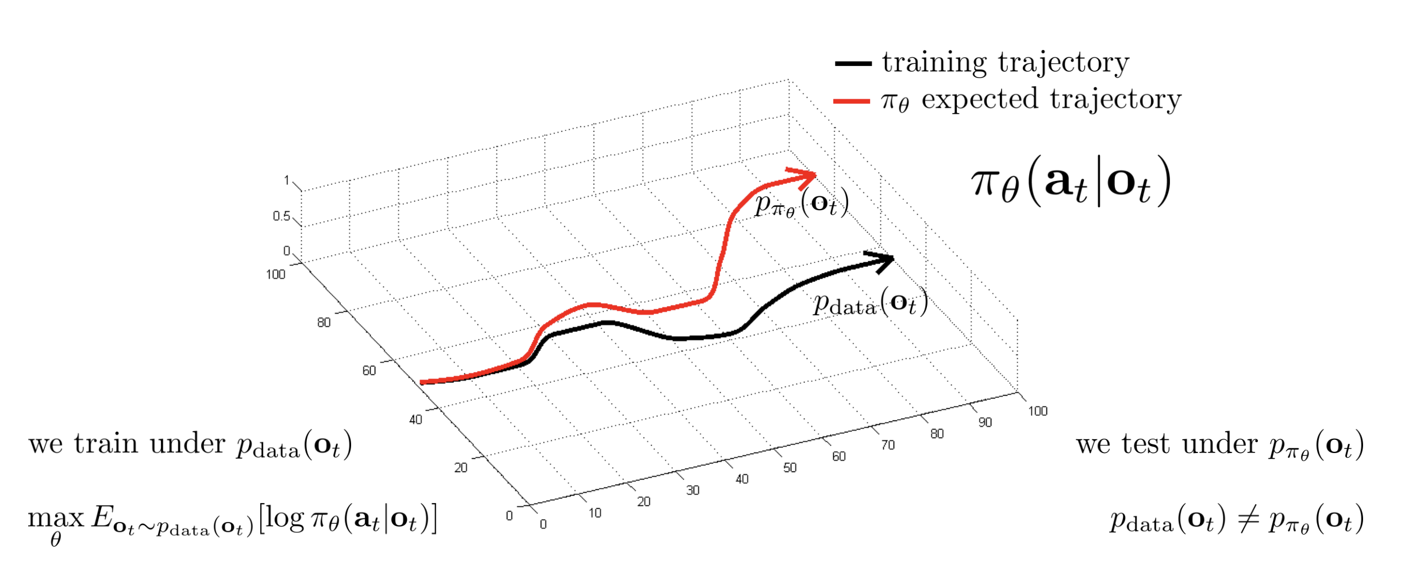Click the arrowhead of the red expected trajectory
(x=807, y=175)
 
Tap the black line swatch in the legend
(x=853, y=64)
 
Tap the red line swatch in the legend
(x=851, y=102)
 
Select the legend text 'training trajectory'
(x=1006, y=63)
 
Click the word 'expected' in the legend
(x=980, y=100)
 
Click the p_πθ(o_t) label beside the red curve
(x=802, y=204)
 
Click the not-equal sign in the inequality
(x=1248, y=520)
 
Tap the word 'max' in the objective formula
(x=56, y=518)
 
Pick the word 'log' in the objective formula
(x=285, y=518)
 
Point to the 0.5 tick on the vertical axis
(x=281, y=216)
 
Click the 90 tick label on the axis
(x=985, y=423)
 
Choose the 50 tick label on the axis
(x=790, y=468)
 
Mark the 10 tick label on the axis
(x=595, y=513)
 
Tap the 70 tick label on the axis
(x=888, y=445)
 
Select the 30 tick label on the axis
(x=692, y=490)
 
